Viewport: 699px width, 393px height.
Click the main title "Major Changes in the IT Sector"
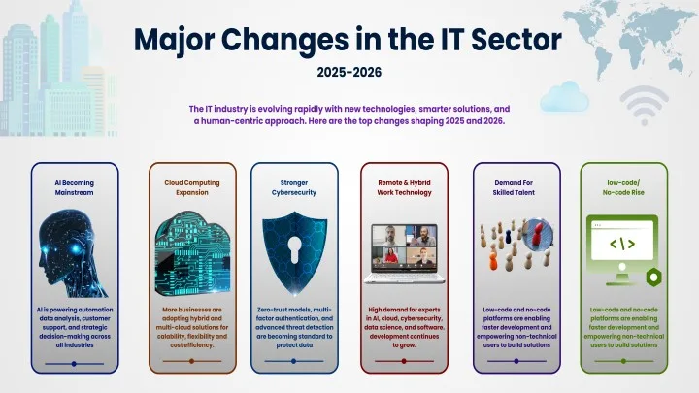click(x=349, y=39)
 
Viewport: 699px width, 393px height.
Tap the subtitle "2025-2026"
click(x=349, y=71)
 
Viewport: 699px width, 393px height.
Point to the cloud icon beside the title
click(x=565, y=97)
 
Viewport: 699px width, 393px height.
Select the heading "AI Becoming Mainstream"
click(x=74, y=187)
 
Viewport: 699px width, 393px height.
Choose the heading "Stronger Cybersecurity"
click(x=293, y=187)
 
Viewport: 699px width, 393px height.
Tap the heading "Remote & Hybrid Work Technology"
click(x=404, y=187)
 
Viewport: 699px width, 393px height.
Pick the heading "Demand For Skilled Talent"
click(x=515, y=187)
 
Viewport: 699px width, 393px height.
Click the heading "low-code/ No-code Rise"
click(x=624, y=187)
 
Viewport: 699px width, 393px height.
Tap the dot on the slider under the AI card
click(x=74, y=364)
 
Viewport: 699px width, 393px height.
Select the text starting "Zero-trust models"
click(x=293, y=327)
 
